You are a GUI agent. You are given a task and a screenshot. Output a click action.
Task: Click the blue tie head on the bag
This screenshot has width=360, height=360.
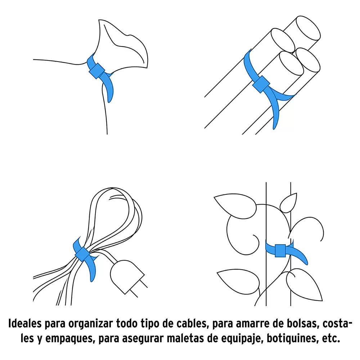tap(96, 71)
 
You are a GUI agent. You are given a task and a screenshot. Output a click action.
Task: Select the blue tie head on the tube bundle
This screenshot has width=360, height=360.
tap(261, 84)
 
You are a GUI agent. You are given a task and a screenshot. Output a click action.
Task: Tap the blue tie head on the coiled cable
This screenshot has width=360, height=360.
tap(82, 254)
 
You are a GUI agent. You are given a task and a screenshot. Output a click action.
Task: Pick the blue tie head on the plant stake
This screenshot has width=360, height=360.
tap(280, 251)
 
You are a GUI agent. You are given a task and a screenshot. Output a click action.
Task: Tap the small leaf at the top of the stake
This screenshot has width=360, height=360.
tap(288, 203)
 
